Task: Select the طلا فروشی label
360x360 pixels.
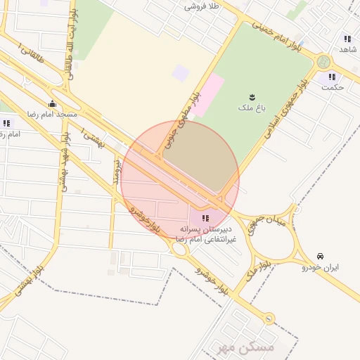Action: click(202, 6)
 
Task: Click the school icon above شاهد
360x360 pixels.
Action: click(347, 39)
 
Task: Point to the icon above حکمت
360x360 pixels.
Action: click(331, 77)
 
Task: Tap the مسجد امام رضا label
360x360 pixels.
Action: click(52, 114)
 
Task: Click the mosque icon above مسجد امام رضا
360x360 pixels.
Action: click(53, 103)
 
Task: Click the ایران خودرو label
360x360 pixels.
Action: click(321, 267)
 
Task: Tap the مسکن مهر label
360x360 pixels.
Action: click(243, 346)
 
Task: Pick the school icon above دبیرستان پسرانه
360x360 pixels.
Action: click(205, 218)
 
